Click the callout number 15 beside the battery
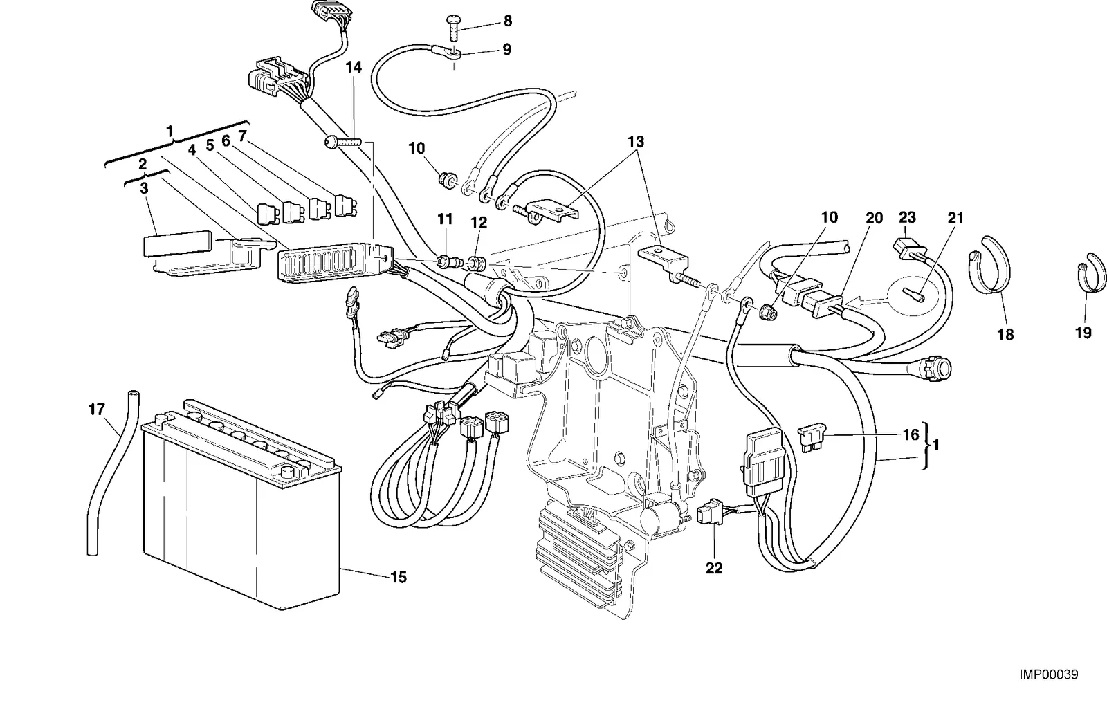(399, 577)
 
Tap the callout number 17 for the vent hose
(97, 409)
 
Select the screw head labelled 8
(453, 19)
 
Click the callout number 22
(714, 568)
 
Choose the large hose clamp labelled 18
(989, 264)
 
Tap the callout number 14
(354, 67)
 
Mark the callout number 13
(636, 142)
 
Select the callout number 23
(907, 217)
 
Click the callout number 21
(955, 218)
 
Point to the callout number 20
(875, 218)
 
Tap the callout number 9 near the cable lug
(506, 49)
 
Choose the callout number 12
(479, 222)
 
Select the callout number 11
(446, 219)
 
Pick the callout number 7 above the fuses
(241, 136)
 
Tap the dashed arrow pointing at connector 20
(866, 303)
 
